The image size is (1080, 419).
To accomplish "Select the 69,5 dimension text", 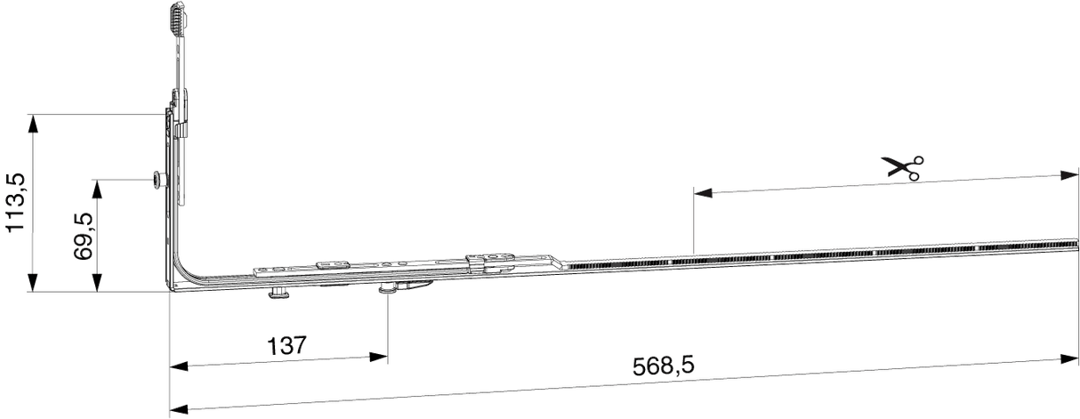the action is [x=83, y=237].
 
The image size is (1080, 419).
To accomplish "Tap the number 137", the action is [x=286, y=345].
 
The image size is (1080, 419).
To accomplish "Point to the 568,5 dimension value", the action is [x=664, y=366].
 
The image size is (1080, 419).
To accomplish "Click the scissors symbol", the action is [x=902, y=168].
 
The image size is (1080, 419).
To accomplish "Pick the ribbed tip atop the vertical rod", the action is [x=178, y=20].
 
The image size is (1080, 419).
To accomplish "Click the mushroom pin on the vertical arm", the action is [x=158, y=180].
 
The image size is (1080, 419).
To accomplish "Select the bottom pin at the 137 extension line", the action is [x=388, y=288].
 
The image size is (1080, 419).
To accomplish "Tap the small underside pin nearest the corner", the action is [x=279, y=293].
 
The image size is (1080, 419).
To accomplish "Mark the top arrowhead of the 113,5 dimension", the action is [x=32, y=124].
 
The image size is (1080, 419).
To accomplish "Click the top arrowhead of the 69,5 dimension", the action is [x=97, y=189].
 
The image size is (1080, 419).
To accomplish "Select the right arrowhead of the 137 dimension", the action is [x=378, y=357].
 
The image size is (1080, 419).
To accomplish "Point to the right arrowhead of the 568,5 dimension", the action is [x=1069, y=359].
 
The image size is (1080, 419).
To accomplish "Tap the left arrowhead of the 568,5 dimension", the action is [x=179, y=410].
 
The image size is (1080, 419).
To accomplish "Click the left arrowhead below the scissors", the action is [x=703, y=193].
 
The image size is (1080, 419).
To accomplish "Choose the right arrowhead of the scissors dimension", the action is [x=1069, y=175].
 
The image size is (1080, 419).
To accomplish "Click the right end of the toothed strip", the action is [x=1076, y=244].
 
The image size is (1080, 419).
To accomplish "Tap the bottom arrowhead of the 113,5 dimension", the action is [x=32, y=283].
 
